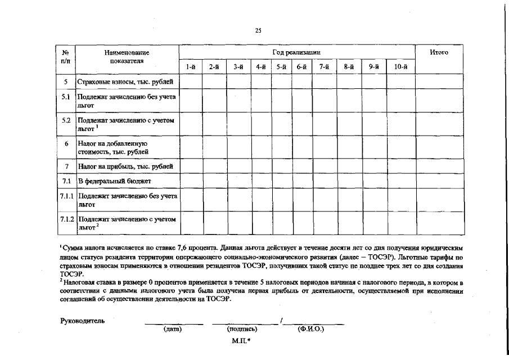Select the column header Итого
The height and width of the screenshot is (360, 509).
[x=439, y=52]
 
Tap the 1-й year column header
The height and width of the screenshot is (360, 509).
[x=191, y=67]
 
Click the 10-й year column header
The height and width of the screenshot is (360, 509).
[x=400, y=67]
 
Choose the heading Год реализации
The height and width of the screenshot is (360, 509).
[x=296, y=52]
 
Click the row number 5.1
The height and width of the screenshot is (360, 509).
[x=66, y=97]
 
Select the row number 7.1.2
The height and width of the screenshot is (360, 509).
[x=67, y=218]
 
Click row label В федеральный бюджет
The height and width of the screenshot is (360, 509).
[x=115, y=182]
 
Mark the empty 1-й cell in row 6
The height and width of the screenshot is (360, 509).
[x=191, y=147]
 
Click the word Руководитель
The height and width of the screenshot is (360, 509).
[x=82, y=321]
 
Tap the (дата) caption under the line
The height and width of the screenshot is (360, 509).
[x=173, y=330]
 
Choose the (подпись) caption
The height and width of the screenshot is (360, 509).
[x=242, y=330]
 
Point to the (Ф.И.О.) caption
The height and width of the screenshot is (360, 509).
[x=310, y=330]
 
